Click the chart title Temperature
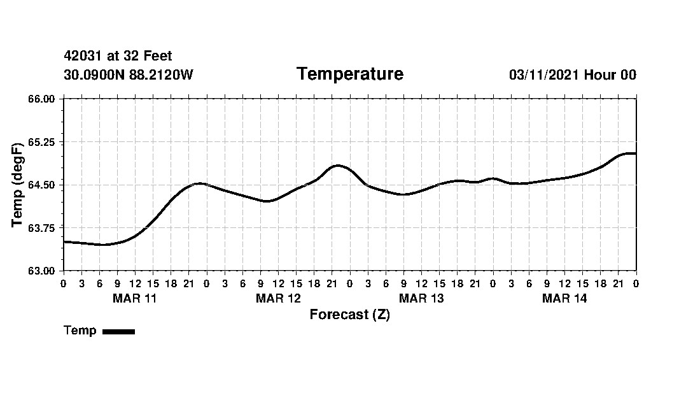(349, 75)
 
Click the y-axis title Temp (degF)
(18, 185)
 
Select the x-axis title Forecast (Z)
(349, 315)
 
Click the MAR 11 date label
(134, 299)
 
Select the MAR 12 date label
(278, 299)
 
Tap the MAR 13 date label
(421, 299)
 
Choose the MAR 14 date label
(564, 299)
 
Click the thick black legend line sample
(118, 331)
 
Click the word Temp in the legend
(80, 331)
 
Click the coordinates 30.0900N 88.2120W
(128, 75)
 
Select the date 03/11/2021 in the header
(544, 75)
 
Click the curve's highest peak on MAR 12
(338, 166)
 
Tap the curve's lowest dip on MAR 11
(102, 245)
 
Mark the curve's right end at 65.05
(635, 153)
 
